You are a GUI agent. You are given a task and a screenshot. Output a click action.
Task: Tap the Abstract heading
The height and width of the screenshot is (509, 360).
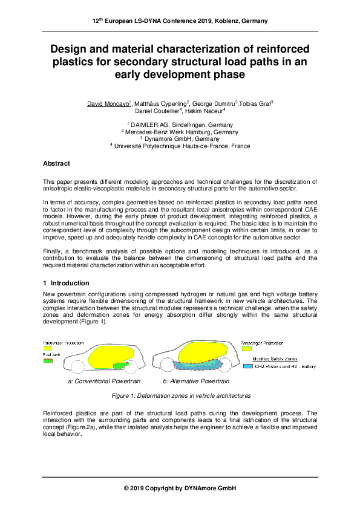click(56, 164)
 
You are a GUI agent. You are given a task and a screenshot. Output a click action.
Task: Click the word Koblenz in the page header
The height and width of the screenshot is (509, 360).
click(221, 21)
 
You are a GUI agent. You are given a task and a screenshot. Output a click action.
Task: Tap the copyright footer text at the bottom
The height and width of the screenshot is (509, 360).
click(180, 488)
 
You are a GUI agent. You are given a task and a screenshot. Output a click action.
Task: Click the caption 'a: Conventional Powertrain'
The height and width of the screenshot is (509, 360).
click(104, 381)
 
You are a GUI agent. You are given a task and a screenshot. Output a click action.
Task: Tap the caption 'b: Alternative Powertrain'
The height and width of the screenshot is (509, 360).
click(196, 381)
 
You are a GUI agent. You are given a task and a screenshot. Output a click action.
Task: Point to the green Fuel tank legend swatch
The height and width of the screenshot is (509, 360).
click(48, 361)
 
